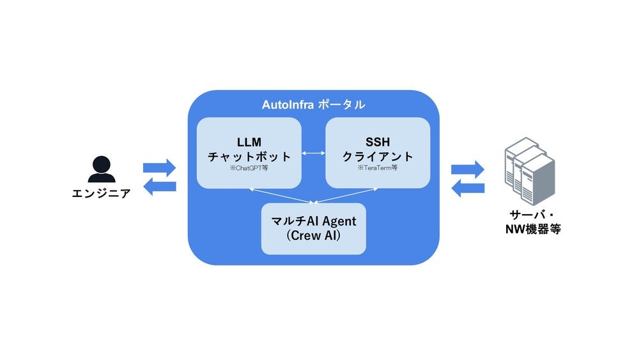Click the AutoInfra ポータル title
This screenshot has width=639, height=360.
(313, 104)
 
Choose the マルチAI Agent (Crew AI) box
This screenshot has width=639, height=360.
(313, 228)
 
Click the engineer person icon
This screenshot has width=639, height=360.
(102, 169)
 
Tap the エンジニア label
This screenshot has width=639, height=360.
(102, 192)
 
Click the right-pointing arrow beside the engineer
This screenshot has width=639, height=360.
(158, 168)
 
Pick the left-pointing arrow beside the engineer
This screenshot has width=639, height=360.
(158, 187)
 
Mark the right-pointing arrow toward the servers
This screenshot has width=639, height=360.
(468, 169)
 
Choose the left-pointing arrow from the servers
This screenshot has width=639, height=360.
(468, 188)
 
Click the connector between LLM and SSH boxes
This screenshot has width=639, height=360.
(313, 153)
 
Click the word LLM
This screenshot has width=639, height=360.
(249, 141)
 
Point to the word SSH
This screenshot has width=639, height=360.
(378, 141)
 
